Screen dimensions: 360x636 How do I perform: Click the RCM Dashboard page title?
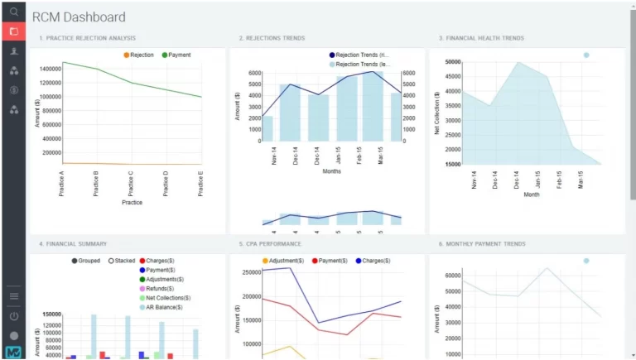click(79, 17)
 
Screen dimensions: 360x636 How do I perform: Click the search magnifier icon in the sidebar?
click(13, 12)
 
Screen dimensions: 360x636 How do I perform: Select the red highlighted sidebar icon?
click(13, 31)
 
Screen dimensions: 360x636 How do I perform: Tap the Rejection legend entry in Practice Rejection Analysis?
click(137, 55)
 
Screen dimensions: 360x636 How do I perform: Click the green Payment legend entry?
click(176, 55)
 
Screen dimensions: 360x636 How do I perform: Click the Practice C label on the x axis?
click(131, 183)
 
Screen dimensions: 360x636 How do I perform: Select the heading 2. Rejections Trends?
click(272, 38)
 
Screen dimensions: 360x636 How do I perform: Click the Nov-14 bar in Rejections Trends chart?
click(267, 128)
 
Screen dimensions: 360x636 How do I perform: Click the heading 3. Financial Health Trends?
click(481, 38)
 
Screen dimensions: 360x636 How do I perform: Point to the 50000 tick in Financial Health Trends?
click(448, 62)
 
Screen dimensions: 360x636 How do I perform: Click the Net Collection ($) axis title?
click(436, 112)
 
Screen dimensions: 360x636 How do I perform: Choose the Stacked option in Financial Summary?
click(121, 261)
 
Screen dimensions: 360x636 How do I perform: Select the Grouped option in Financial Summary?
click(84, 261)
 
